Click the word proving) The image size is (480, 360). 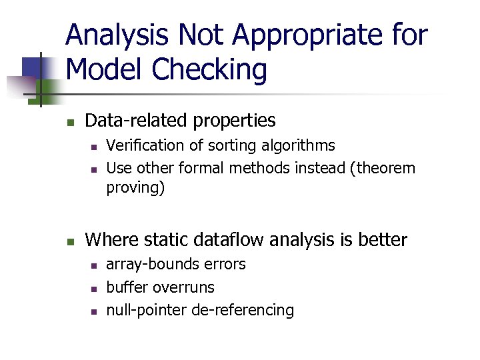[x=135, y=189]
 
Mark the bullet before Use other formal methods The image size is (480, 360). [x=94, y=169]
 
